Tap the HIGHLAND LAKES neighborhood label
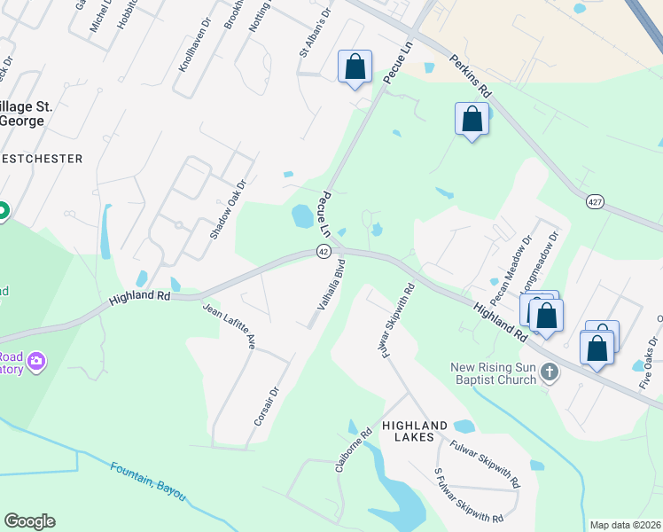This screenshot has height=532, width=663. (x=419, y=431)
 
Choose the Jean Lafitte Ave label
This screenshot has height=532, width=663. (x=230, y=326)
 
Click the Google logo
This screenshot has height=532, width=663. (x=29, y=521)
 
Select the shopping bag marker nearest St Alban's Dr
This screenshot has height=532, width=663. (x=355, y=66)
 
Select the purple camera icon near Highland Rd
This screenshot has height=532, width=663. (x=36, y=361)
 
